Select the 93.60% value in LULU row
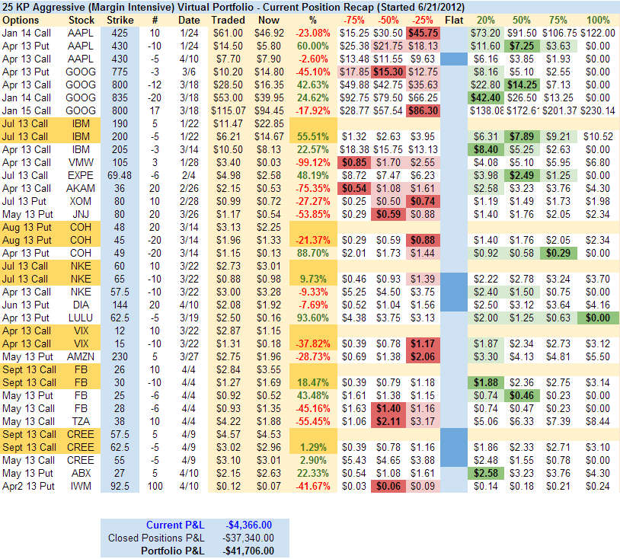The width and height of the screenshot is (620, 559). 315,317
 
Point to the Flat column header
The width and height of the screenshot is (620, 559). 454,19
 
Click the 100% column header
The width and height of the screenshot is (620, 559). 599,19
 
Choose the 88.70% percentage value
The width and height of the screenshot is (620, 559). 315,252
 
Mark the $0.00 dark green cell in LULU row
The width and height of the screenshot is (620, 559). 599,317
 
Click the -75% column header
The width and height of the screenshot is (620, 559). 353,19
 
